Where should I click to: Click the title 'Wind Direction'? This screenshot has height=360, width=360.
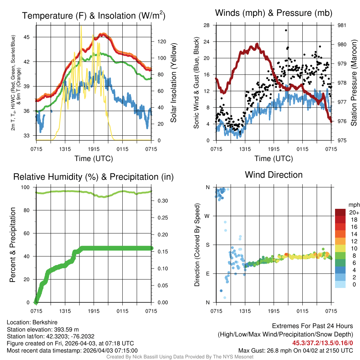274,175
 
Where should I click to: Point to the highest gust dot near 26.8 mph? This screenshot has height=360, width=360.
286,30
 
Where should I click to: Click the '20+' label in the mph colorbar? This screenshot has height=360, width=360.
354,213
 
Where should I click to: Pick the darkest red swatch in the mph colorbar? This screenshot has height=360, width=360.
341,212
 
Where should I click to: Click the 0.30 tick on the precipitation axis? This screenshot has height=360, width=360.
161,201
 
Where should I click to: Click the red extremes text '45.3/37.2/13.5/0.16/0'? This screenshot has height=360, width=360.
322,343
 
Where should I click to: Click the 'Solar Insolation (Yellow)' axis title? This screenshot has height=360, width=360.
173,83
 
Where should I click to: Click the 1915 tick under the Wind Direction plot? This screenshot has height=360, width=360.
274,311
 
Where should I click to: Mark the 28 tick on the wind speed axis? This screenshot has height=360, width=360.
207,25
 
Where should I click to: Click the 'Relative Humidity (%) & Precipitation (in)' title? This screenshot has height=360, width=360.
93,177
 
